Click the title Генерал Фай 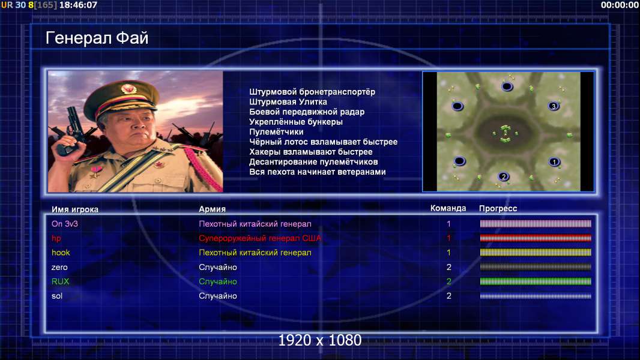[x=97, y=38]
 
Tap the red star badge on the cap [x=128, y=89]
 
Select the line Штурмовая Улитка [x=288, y=102]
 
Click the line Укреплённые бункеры [x=296, y=122]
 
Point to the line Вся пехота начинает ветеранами [x=318, y=172]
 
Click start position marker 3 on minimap [x=554, y=106]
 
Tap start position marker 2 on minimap [x=504, y=176]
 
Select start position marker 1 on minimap [x=554, y=162]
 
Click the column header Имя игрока [x=74, y=209]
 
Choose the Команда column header [x=448, y=208]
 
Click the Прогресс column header [x=498, y=209]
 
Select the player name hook [x=61, y=253]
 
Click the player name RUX [x=61, y=281]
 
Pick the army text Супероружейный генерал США [x=260, y=238]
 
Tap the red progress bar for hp [x=536, y=238]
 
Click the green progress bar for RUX [x=536, y=281]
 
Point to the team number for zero [x=449, y=267]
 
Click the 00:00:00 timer [x=620, y=5]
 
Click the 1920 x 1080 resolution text [x=320, y=340]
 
